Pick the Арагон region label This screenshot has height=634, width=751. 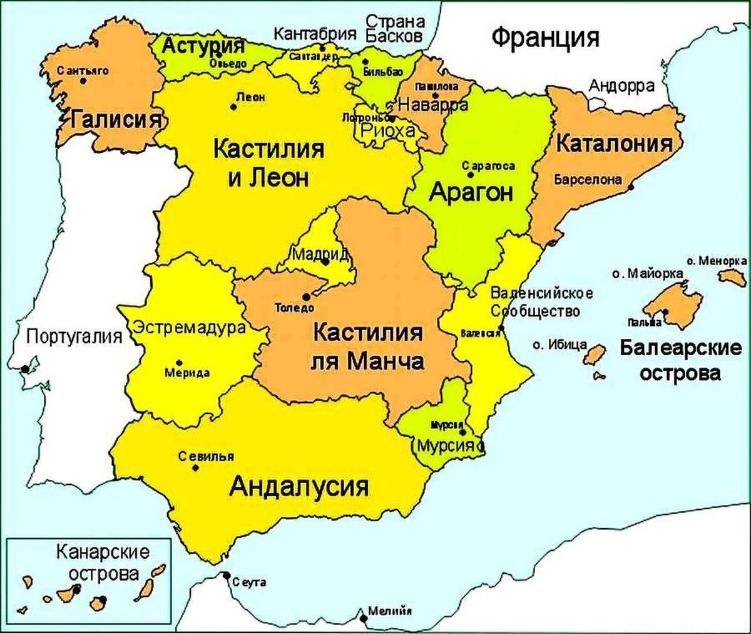click(x=471, y=192)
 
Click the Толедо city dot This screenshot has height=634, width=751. click(x=305, y=297)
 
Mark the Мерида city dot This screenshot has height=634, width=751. click(x=180, y=363)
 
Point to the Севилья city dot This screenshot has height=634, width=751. click(x=196, y=467)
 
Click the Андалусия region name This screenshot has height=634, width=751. click(x=299, y=486)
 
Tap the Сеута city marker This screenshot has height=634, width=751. click(x=226, y=576)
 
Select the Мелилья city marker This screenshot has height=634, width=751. click(x=364, y=618)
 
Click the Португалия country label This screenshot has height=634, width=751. click(x=74, y=338)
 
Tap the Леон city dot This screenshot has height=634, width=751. click(x=233, y=107)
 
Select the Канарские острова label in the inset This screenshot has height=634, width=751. click(x=102, y=563)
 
